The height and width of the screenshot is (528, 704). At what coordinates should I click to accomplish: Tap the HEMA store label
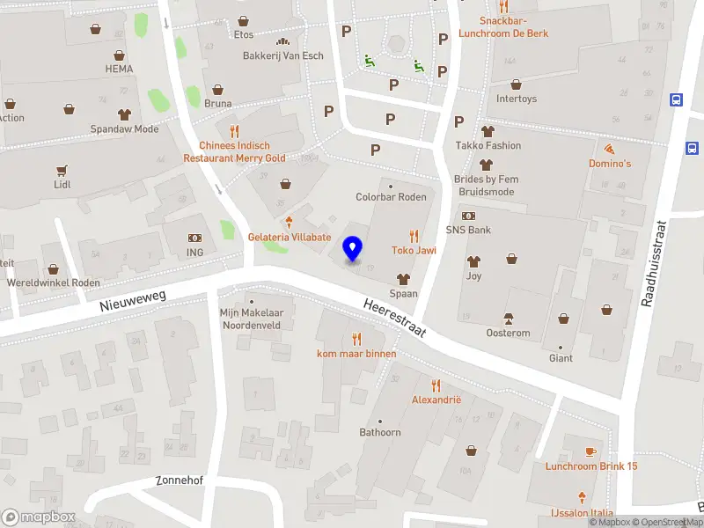coord(119,69)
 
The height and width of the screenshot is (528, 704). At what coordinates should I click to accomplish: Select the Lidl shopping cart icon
coord(62,171)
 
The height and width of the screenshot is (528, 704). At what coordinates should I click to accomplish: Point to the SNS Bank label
coord(468,230)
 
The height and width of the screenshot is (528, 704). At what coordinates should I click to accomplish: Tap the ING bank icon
coord(194,238)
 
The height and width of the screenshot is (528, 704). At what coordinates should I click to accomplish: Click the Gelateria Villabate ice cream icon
coord(289,222)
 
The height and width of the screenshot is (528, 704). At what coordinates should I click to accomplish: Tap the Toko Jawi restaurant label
coord(414,250)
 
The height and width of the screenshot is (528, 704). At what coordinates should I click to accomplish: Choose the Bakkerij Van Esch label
coord(282,55)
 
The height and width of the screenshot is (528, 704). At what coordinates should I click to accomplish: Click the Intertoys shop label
coord(517,99)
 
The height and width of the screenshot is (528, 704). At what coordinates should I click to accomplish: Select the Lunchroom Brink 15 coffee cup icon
coord(590,451)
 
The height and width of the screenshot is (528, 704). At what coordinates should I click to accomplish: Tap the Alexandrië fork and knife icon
coord(436,385)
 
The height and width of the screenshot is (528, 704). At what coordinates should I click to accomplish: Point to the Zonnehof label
coord(179,480)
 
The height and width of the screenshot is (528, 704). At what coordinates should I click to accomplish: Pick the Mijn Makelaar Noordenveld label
coord(251,318)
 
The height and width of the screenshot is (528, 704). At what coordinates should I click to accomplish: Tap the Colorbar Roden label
coord(391,197)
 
